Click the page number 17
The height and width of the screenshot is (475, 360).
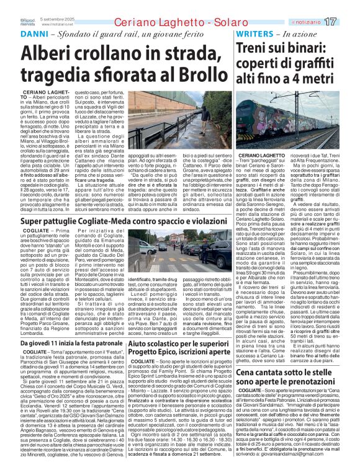(347, 22)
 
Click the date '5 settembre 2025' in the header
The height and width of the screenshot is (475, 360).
(57, 19)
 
